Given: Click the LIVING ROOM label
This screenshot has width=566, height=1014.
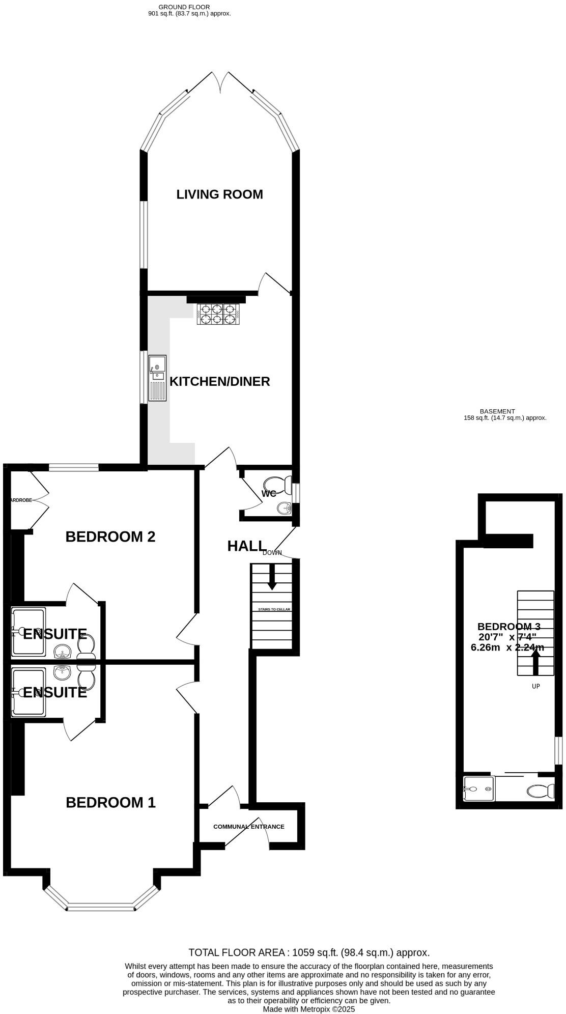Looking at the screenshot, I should point(219,194).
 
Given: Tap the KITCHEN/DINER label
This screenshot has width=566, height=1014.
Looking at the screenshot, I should point(219,382).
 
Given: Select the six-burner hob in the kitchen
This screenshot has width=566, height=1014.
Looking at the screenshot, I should point(218,314).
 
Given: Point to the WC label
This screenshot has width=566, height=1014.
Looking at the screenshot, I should point(269,494).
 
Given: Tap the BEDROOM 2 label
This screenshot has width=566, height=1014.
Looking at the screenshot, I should point(110,537).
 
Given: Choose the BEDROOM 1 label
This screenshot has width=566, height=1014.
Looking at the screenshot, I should point(110,803).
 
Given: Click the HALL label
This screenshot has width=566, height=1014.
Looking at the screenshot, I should point(246,546).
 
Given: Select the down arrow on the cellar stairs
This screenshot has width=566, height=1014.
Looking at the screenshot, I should point(272,577).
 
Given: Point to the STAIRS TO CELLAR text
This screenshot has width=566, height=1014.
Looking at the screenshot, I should point(274,609).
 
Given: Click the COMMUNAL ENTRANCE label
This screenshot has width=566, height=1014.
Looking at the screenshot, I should point(248,827).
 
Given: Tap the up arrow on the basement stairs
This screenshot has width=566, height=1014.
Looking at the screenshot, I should point(535,663).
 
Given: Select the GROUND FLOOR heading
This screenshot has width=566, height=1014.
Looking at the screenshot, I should point(184,7).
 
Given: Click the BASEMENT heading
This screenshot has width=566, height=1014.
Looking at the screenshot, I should point(497,411).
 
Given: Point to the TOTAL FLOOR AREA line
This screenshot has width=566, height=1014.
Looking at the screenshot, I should point(309,952).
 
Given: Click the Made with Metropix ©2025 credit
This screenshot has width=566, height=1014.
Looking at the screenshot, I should point(308,1009).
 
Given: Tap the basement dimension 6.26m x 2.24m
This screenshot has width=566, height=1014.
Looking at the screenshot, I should point(507,647).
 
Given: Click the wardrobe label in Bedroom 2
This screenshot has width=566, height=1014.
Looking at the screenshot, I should point(21,500).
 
